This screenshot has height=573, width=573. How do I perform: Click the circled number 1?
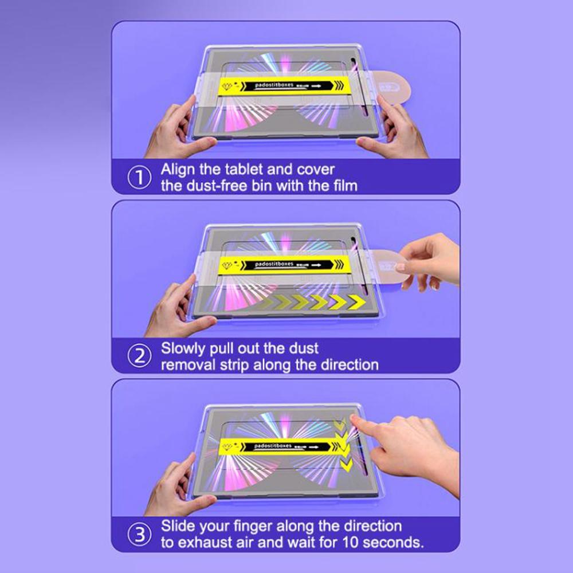pyautogui.click(x=138, y=177)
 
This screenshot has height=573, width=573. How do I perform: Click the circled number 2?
pyautogui.click(x=138, y=356)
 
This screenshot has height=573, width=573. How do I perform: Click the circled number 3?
pyautogui.click(x=138, y=534)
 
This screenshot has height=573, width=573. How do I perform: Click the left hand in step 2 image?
pyautogui.click(x=175, y=309)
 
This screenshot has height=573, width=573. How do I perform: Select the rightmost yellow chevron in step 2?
pyautogui.click(x=356, y=303)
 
